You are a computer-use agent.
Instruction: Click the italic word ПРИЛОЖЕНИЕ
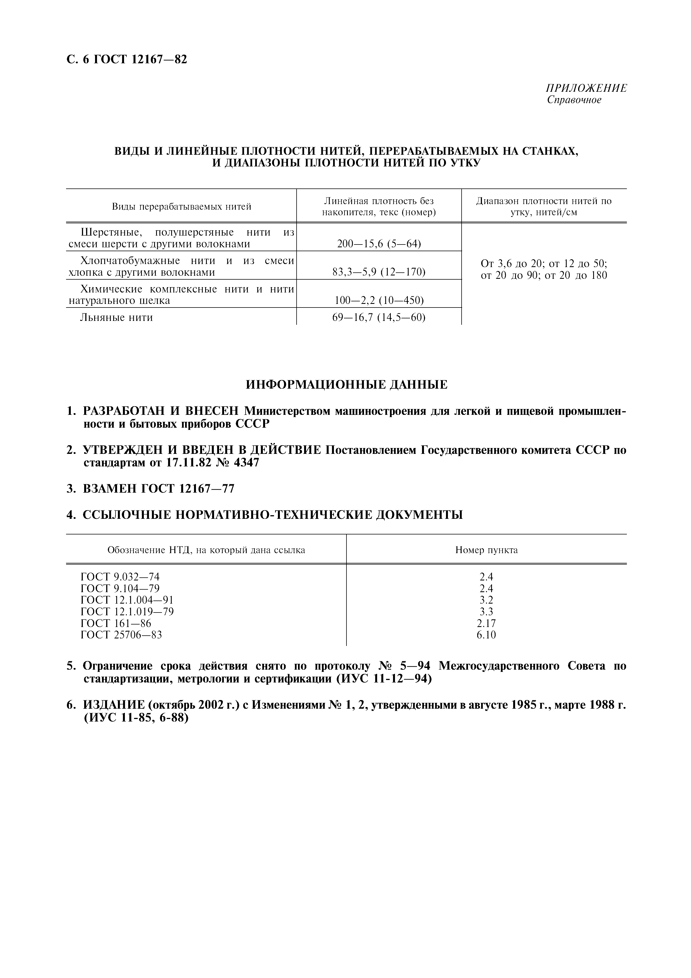(x=586, y=88)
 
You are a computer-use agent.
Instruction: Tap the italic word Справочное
(x=574, y=100)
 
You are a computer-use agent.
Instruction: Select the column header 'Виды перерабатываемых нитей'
(x=181, y=207)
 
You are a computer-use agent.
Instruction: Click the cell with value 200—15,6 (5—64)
(x=379, y=244)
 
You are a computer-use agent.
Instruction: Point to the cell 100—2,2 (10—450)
(x=379, y=300)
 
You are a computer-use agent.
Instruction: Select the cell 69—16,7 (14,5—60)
(x=379, y=317)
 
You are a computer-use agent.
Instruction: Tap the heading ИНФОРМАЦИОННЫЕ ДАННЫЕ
(x=346, y=385)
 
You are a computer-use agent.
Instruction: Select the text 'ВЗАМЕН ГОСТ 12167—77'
(x=158, y=488)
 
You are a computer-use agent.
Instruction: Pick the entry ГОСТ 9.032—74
(x=120, y=577)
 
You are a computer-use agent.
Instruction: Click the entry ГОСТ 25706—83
(x=121, y=635)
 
